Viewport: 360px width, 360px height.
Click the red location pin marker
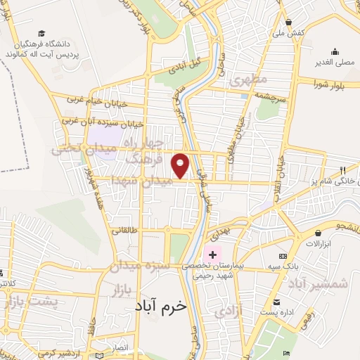181,165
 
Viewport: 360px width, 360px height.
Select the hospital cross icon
212,253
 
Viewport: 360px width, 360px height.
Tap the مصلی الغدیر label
335,62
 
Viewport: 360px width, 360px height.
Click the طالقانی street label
126,229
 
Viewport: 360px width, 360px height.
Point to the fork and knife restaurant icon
342,169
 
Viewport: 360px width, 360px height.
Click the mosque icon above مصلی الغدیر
335,51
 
